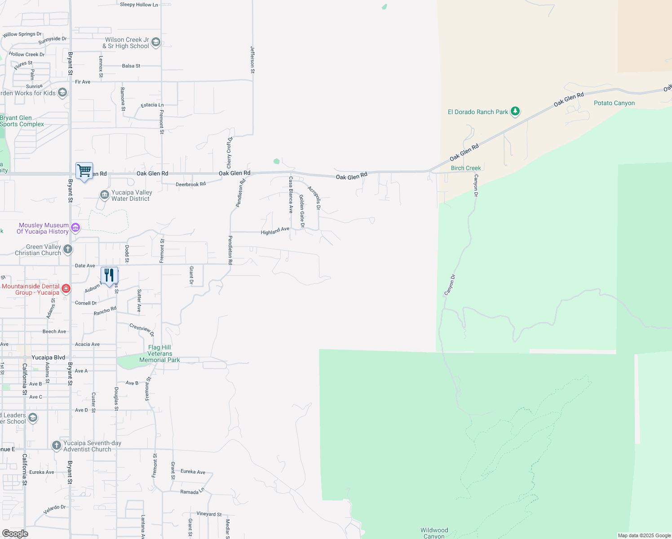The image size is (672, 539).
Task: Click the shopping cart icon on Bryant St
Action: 84,171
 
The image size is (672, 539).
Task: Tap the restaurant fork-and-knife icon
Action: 109,275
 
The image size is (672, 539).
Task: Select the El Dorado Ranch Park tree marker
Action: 515,111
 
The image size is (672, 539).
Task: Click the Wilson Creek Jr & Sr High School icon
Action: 156,43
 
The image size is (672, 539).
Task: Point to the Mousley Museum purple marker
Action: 75,228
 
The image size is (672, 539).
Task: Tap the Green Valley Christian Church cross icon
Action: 68,249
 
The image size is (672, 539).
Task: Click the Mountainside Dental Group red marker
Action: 66,288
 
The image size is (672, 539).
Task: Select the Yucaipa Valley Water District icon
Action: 104,194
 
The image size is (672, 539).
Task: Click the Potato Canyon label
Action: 614,103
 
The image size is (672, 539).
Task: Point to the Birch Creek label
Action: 466,168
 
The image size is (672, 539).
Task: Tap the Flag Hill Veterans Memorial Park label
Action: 159,353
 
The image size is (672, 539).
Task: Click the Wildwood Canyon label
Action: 434,533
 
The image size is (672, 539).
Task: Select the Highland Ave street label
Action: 275,231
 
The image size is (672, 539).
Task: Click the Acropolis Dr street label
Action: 314,198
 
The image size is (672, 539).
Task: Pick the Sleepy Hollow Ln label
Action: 139,4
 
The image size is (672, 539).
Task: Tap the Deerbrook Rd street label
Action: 190,184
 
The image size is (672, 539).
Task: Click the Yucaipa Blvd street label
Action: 49,358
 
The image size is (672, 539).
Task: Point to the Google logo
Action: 15,534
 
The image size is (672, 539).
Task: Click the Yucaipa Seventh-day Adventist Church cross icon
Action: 56,446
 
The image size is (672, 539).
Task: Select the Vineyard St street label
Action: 209,514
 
